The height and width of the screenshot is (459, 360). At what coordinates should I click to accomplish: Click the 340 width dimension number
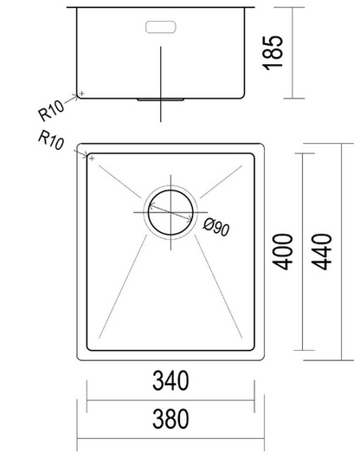[x=171, y=380]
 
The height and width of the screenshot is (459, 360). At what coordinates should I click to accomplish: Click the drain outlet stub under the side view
[x=161, y=101]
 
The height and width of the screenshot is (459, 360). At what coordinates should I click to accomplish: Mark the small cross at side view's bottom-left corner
[x=80, y=93]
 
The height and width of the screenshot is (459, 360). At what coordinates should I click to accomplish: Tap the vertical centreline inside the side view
[x=161, y=69]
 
